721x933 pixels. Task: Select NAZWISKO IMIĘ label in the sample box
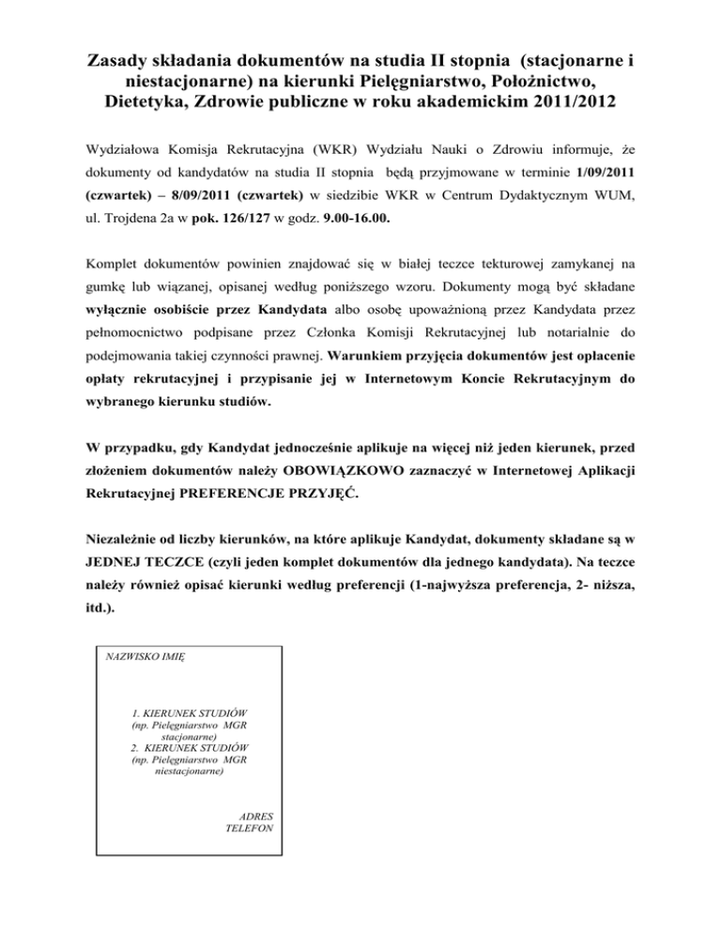145,661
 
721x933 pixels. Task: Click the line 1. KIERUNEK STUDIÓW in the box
190,714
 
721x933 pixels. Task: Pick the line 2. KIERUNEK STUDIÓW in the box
190,748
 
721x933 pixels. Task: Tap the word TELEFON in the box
250,830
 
